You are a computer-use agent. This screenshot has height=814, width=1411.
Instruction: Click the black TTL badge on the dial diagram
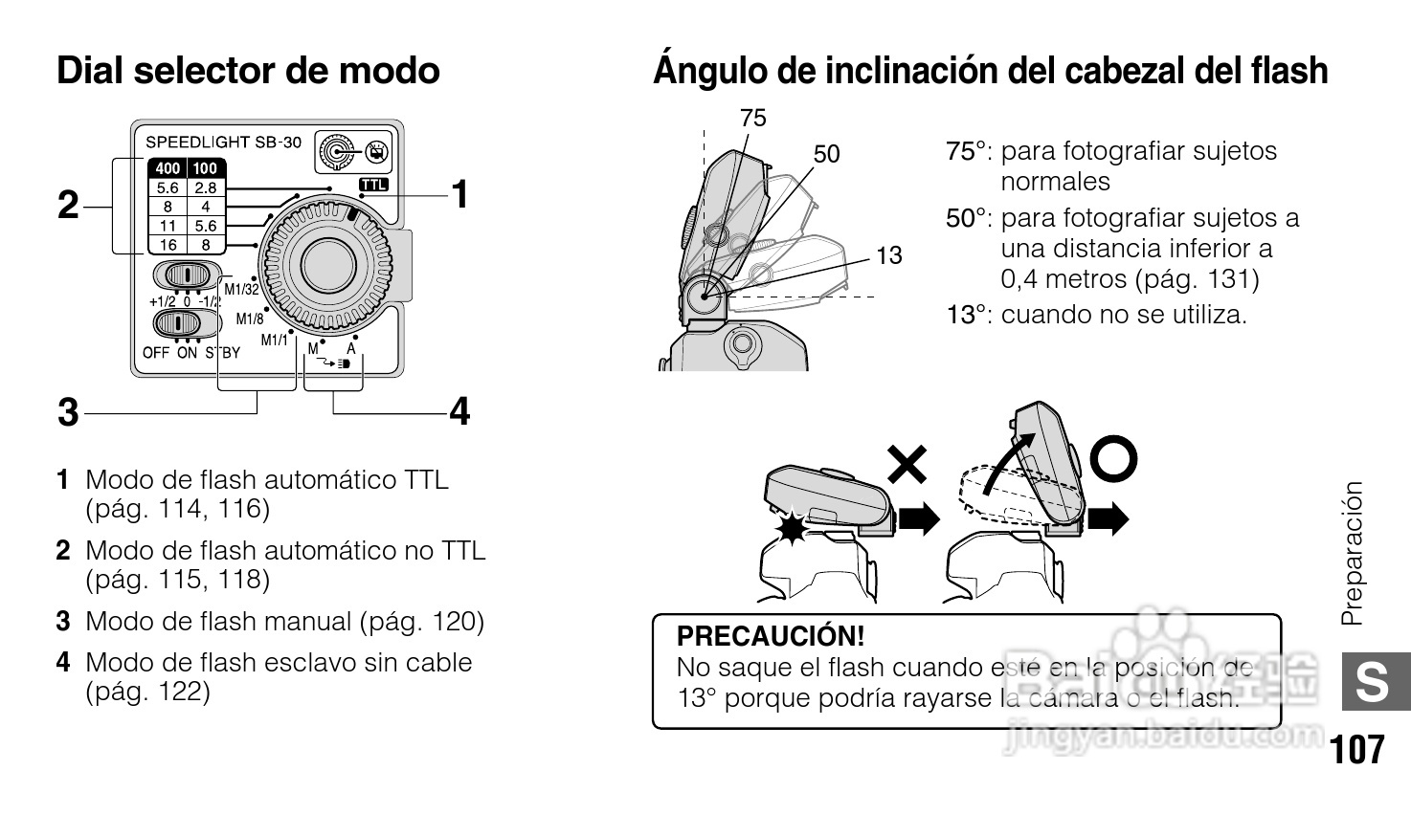point(373,185)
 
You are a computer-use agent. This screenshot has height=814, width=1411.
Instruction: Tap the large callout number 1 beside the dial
point(459,194)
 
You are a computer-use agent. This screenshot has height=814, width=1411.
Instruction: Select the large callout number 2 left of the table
point(68,205)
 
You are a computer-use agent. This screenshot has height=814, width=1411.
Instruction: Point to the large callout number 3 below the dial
point(67,412)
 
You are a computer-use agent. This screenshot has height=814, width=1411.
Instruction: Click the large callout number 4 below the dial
point(459,412)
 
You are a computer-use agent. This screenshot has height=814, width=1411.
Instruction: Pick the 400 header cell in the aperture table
point(168,168)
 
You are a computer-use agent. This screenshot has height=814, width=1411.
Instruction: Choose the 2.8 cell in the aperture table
point(205,187)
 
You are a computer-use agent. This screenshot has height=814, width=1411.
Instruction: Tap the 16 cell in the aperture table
point(168,245)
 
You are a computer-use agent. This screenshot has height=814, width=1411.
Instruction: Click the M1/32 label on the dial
point(241,289)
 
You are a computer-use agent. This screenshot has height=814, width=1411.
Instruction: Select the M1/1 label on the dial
point(274,340)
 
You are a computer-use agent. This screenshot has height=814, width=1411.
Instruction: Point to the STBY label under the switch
point(222,352)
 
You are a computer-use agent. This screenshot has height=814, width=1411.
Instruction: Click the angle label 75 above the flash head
point(753,118)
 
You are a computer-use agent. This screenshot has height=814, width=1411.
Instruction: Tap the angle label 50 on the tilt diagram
point(826,153)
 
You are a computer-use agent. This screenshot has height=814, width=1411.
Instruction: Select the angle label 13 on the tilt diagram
point(888,255)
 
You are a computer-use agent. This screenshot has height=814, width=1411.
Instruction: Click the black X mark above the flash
point(907,465)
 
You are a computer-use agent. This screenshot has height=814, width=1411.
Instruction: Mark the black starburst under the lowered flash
point(792,527)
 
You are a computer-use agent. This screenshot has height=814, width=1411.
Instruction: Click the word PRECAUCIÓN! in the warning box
point(770,636)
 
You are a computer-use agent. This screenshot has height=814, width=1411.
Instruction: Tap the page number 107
point(1356,749)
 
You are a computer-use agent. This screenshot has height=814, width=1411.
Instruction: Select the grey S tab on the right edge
point(1375,683)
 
